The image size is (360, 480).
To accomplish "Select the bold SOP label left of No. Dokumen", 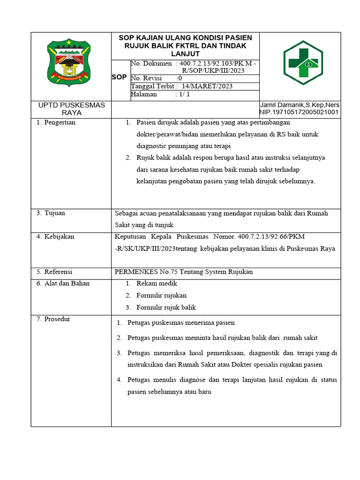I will tap(119, 77).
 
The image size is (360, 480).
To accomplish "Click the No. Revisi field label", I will tap(146, 78).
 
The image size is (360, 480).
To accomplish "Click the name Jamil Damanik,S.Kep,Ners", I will tap(300, 105).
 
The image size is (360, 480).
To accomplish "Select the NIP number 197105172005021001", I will tap(299, 112).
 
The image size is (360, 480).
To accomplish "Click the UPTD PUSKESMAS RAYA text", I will tap(71, 109).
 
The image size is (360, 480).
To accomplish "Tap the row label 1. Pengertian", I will tap(56, 122).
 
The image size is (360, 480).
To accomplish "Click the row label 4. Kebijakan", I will tap(55, 236).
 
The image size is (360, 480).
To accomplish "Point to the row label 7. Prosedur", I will tap(53, 319).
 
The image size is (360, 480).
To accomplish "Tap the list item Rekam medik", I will tap(157, 283).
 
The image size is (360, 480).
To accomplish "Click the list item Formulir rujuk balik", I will tap(166, 307).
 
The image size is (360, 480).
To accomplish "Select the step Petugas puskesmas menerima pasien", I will tap(181, 322).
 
